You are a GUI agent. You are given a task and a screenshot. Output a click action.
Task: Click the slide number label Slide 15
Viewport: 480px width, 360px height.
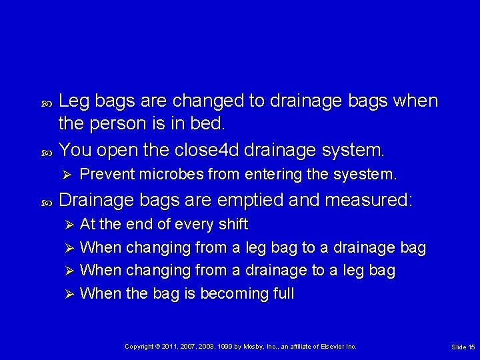click(x=463, y=347)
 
